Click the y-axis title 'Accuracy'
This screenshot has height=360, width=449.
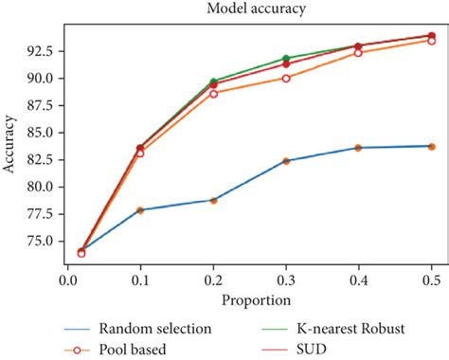[x=12, y=146]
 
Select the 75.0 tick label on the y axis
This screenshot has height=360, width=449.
[x=41, y=241]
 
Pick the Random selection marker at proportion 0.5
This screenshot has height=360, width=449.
[x=431, y=146]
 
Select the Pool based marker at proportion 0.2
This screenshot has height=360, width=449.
[x=213, y=93]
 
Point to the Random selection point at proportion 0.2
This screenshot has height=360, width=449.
[x=213, y=200]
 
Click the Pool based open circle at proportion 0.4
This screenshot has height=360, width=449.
[x=358, y=52]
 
